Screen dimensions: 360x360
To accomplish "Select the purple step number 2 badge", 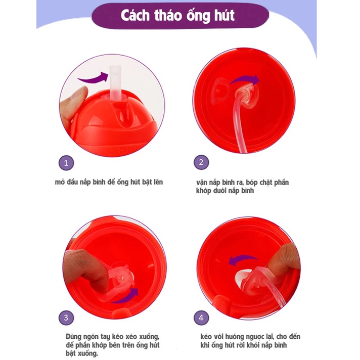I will coord(201,162).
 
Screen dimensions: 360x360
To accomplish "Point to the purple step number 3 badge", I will coord(66,318).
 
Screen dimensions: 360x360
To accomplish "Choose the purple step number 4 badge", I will coord(201,318).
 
